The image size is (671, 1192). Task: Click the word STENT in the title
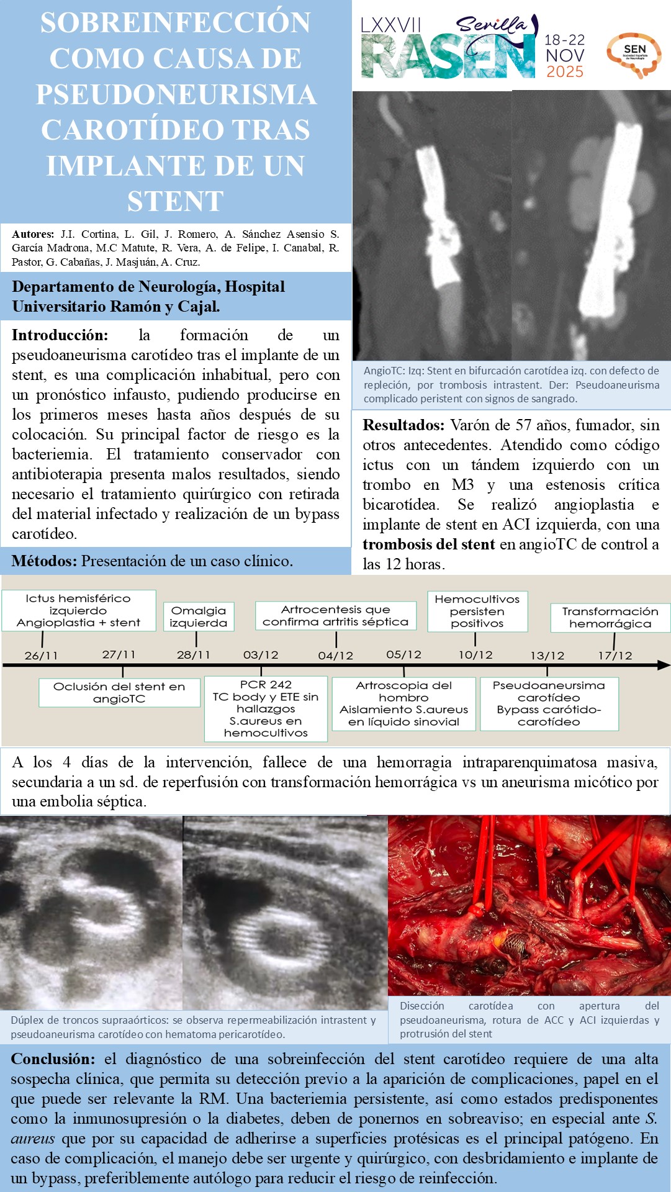(x=176, y=201)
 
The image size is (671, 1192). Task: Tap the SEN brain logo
(x=634, y=55)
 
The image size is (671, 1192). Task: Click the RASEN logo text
(x=447, y=57)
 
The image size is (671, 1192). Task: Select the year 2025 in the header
(x=564, y=71)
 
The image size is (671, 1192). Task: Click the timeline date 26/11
(x=41, y=656)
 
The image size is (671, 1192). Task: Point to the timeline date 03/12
(x=261, y=655)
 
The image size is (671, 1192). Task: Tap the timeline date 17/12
(x=615, y=656)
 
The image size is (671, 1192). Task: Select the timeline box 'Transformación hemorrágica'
(x=610, y=617)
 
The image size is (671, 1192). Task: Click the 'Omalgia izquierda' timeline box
(x=198, y=616)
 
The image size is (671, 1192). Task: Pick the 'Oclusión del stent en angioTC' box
(x=119, y=692)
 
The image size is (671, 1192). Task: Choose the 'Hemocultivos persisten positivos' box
(x=477, y=611)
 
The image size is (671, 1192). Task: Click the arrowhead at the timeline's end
(x=664, y=665)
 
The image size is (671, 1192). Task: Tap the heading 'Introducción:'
(x=60, y=335)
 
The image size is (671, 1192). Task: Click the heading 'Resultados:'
(x=403, y=425)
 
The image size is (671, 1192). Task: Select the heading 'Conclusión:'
(x=53, y=1059)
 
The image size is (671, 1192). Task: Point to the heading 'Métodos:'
(x=44, y=561)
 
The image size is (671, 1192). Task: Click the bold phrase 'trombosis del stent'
(x=428, y=544)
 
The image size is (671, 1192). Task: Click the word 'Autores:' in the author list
(x=33, y=235)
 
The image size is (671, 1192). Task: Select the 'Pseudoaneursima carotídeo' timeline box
(x=549, y=703)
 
